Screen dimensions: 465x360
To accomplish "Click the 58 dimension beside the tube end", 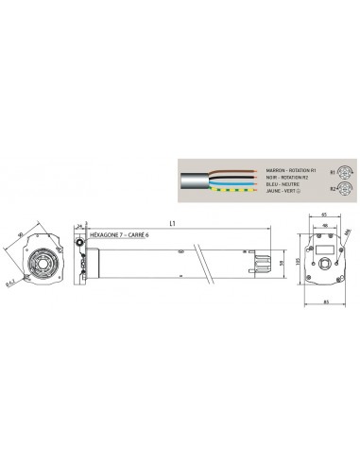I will (282, 264).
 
